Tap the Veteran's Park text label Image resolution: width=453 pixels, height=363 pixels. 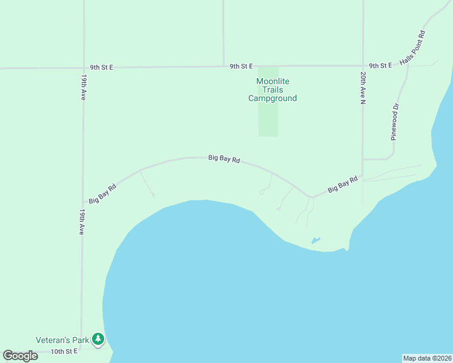(62, 340)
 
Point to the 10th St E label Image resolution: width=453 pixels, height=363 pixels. (64, 352)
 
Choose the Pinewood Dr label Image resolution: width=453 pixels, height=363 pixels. (395, 122)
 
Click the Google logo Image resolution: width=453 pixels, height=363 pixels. (20, 356)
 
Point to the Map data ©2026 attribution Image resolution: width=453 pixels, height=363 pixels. (427, 358)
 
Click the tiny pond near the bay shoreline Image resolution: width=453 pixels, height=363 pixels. (316, 240)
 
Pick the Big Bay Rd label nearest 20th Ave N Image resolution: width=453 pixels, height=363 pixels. (343, 185)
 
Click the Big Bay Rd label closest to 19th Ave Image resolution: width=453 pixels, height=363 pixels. (102, 193)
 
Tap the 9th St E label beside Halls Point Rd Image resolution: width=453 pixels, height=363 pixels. (380, 65)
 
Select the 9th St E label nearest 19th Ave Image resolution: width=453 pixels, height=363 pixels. (101, 67)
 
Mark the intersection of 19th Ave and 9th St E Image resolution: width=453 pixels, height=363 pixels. (83, 68)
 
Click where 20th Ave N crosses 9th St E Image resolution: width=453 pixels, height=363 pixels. (362, 65)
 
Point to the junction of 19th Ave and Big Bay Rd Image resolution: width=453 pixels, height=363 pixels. (83, 204)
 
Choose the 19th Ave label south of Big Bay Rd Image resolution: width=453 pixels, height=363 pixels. (82, 222)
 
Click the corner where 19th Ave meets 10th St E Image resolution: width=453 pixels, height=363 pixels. (82, 350)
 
